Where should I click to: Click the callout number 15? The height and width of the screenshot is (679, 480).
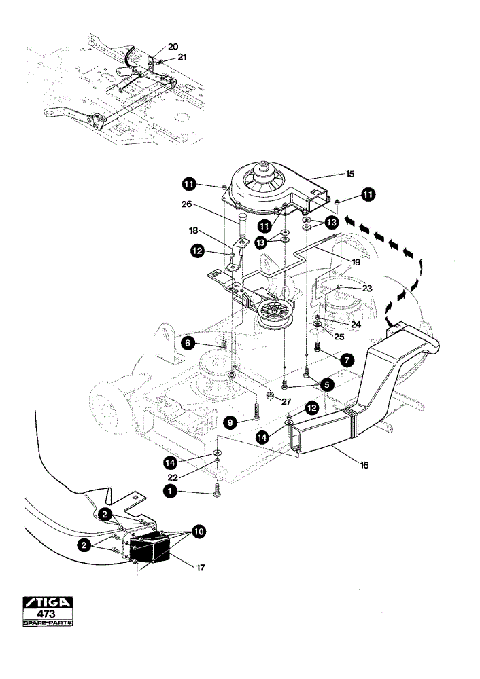click(350, 174)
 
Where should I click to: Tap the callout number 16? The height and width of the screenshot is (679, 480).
click(364, 465)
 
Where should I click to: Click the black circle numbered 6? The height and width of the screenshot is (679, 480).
click(188, 343)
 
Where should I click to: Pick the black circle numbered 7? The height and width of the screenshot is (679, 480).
click(347, 359)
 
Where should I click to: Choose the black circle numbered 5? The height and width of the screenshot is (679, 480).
click(327, 384)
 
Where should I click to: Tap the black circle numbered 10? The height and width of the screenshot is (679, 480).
click(199, 532)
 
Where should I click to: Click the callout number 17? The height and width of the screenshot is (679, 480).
click(201, 567)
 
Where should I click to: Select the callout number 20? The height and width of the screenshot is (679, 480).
click(173, 47)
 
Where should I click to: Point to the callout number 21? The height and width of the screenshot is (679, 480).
click(182, 57)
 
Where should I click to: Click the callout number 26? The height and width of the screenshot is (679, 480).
click(186, 204)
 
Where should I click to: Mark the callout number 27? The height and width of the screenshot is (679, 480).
click(286, 402)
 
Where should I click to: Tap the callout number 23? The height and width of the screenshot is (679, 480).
click(367, 288)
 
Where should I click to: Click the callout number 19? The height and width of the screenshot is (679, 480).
click(356, 262)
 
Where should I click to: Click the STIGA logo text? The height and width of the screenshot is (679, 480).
click(48, 602)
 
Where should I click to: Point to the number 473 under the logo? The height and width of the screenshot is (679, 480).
click(46, 614)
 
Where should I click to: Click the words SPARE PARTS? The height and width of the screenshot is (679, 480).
click(48, 623)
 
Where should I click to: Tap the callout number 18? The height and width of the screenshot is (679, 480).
click(193, 232)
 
